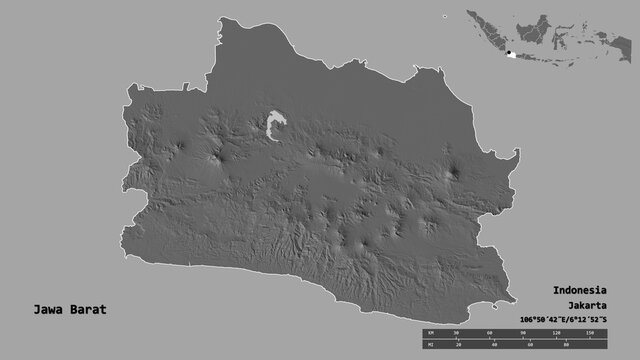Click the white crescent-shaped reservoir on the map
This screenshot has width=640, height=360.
point(276,127)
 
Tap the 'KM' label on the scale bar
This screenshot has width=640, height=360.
point(429,331)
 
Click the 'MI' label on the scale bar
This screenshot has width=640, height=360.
point(429,344)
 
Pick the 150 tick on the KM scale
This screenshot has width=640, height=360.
point(589,331)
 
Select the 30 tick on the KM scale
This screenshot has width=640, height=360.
point(456,331)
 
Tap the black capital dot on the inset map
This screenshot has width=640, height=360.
point(508,54)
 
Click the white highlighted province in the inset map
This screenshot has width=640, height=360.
point(513,56)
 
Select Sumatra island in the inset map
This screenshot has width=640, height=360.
point(481,31)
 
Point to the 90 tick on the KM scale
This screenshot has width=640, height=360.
point(523,331)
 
